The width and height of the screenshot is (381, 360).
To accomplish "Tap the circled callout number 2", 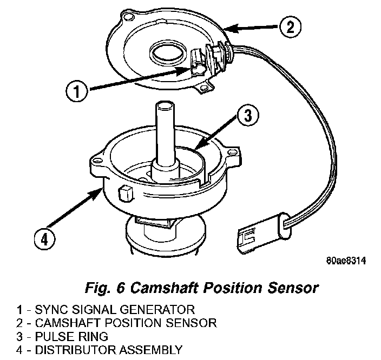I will click(290, 27).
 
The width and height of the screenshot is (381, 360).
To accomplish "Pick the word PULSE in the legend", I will click(52, 336).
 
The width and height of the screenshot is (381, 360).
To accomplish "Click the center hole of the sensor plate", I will click(169, 54).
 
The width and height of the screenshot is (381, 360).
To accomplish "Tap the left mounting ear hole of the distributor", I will click(99, 160).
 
